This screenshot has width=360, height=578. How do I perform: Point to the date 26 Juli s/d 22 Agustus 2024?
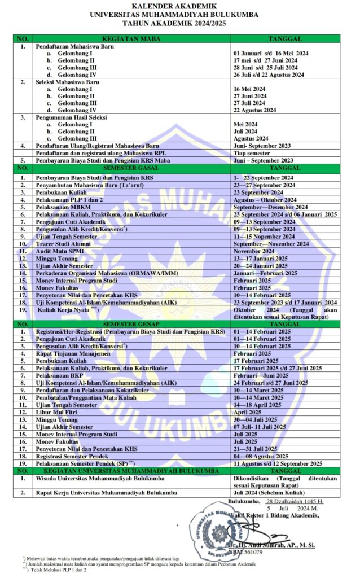pos(269,75)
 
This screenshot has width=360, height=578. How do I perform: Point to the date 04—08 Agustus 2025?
pos(261,456)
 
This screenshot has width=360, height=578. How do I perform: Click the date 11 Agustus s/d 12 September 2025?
pos(278,463)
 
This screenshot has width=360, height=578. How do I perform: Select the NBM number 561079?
pos(249,552)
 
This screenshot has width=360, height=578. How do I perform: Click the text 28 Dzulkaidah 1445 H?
pos(295,501)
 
